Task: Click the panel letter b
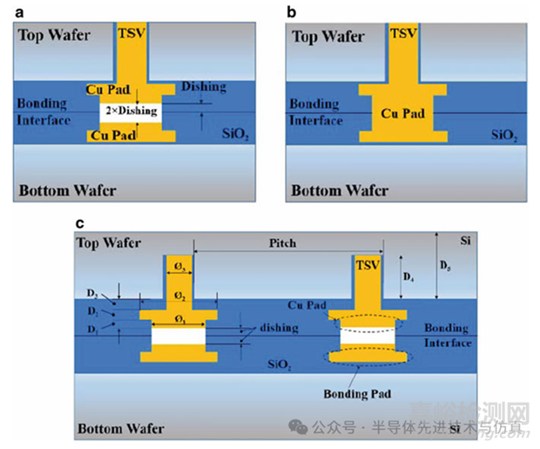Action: point(290,10)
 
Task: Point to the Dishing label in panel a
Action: point(203,87)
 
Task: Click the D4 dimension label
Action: point(408,277)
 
